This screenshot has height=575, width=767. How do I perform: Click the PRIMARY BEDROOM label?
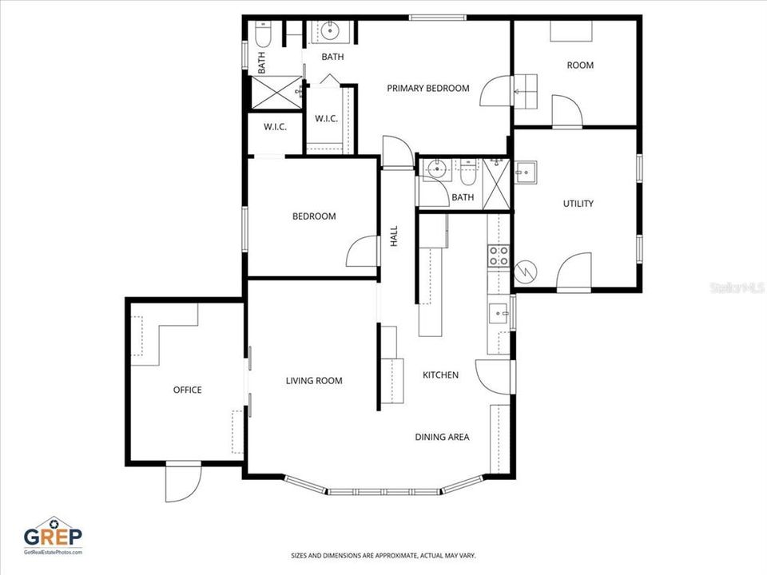(x=427, y=88)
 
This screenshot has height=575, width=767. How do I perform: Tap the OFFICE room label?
(x=188, y=390)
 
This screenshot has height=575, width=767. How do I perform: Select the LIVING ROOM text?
(x=314, y=380)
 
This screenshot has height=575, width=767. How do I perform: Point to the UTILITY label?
(x=578, y=204)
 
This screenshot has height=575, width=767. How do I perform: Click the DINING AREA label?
(x=442, y=437)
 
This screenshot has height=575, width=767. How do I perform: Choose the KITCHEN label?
(x=440, y=375)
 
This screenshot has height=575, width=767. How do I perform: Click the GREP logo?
(x=53, y=533)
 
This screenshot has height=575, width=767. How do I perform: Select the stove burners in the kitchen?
(x=499, y=256)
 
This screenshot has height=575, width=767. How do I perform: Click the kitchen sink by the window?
(x=499, y=313)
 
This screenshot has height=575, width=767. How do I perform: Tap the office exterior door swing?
(x=182, y=483)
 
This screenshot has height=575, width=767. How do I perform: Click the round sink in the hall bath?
(x=436, y=169)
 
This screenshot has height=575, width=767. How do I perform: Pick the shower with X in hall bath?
(x=496, y=184)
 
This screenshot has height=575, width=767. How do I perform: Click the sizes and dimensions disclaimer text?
(x=383, y=555)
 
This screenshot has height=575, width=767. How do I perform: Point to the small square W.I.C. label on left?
(x=275, y=127)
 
